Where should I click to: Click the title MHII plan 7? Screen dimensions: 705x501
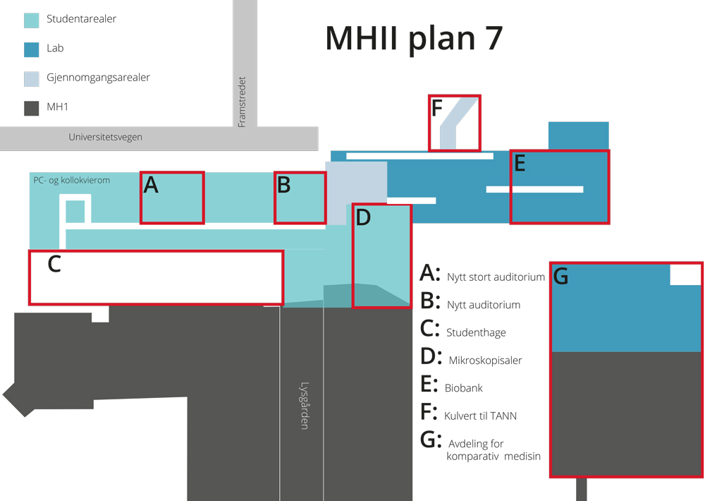(414, 39)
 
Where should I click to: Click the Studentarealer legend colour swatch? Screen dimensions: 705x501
(32, 20)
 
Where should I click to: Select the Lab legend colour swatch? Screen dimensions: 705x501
(32, 49)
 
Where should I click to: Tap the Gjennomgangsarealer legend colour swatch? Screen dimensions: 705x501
(32, 79)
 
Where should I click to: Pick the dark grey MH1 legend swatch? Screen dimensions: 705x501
(32, 108)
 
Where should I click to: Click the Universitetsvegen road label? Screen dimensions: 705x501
(105, 138)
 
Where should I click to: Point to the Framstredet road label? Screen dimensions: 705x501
(242, 102)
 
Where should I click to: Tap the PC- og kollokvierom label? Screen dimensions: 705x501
(71, 180)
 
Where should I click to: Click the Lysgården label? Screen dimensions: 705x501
(305, 406)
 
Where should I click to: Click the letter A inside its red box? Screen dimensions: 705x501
(151, 185)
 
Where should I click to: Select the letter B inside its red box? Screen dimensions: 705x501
(283, 186)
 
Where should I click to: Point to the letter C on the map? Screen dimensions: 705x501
(54, 264)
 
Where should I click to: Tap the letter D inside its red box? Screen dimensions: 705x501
(363, 218)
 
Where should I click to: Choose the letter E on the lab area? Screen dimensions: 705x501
(520, 164)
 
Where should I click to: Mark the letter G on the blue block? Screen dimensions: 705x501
(560, 277)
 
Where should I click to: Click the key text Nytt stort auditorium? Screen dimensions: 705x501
(496, 277)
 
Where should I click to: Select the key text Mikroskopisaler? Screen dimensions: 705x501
(485, 360)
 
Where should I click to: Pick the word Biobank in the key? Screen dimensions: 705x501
(464, 388)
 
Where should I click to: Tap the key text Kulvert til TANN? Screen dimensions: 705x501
(480, 416)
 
